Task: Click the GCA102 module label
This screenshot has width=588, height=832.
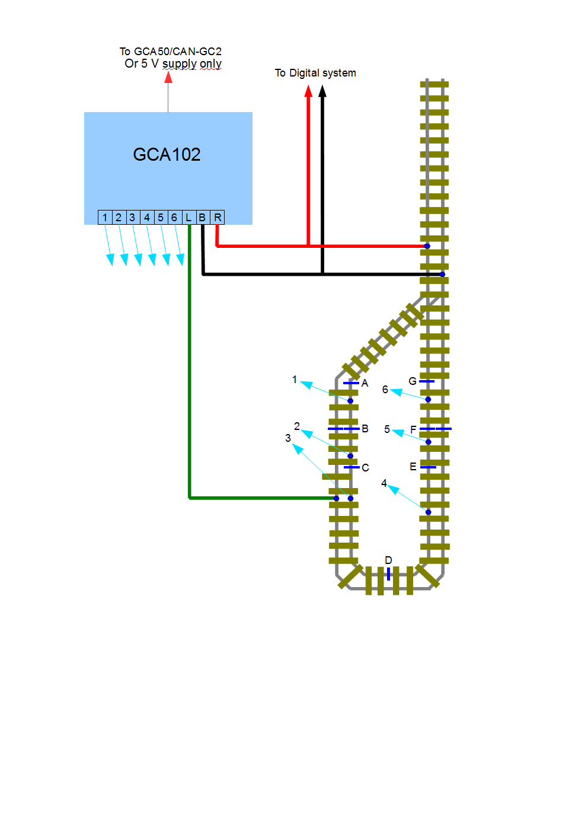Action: tap(167, 155)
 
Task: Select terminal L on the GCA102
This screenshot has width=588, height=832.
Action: tap(188, 218)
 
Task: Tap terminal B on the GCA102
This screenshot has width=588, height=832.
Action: tap(202, 218)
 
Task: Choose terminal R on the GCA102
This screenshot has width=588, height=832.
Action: tap(218, 218)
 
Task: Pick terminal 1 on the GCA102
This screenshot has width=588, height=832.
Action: tap(105, 218)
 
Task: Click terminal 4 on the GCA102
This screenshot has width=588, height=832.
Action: tap(146, 218)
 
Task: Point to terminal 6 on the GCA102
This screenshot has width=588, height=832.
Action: tap(174, 218)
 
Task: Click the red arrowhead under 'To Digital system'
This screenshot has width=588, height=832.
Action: tap(308, 91)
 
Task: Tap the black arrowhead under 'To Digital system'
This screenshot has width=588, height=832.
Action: tap(322, 91)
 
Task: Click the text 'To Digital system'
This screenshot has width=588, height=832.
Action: tap(315, 73)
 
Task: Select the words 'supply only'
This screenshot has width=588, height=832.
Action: tap(192, 63)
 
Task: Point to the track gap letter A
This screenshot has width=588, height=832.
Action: tap(365, 383)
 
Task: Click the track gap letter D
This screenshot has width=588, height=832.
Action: tap(388, 560)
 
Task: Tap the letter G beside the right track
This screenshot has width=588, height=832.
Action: tap(413, 381)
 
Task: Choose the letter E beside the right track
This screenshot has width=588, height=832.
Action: tap(413, 467)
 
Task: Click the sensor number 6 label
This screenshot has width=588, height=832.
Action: tap(385, 390)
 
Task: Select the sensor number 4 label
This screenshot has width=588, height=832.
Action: tap(384, 483)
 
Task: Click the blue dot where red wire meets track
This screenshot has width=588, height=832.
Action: tap(427, 246)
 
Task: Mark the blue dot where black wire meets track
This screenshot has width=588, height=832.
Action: tap(442, 274)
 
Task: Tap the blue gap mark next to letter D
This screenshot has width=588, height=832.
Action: tap(388, 573)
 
